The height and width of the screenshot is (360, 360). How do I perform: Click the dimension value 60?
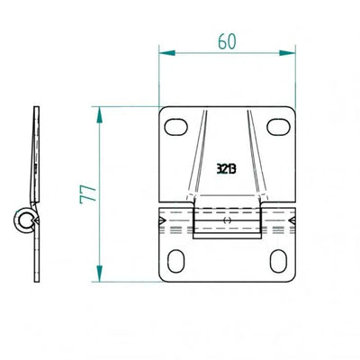tap(227, 41)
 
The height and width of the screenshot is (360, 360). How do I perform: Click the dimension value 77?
tap(88, 194)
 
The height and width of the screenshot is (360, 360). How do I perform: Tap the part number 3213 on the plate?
tap(227, 169)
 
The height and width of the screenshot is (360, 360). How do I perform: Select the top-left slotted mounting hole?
tap(176, 127)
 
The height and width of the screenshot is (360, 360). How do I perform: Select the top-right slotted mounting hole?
tap(278, 127)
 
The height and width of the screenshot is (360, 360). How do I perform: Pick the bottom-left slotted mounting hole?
tap(175, 261)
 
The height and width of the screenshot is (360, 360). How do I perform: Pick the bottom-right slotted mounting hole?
tap(278, 261)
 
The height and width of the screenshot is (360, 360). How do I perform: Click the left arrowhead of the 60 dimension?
tap(166, 53)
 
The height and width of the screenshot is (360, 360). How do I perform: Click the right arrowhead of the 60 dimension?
tap(287, 53)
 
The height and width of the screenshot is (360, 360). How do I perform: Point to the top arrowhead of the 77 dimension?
tap(100, 114)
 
